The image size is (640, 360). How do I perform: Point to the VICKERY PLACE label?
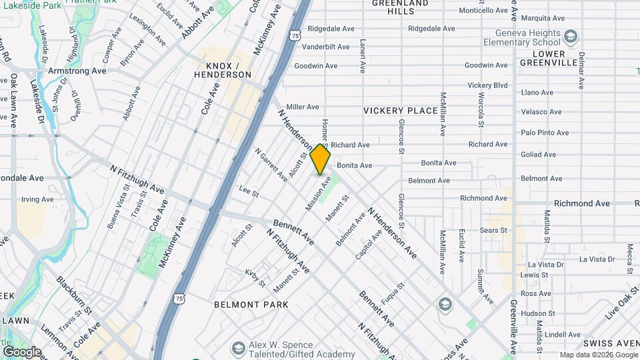point(400,111)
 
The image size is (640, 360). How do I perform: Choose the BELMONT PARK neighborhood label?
point(251,305)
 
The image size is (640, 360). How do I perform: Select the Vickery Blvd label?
point(487,85)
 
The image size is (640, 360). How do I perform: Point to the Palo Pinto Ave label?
point(545,133)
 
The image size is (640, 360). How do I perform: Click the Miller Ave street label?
point(303,107)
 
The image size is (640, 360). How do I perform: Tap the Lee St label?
point(249,191)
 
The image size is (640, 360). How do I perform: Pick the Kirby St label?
point(255,278)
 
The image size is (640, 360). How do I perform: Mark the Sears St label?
point(494,230)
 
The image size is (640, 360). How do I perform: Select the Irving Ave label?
point(37,199)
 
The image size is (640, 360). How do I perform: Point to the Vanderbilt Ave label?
point(325,47)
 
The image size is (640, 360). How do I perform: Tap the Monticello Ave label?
point(484,11)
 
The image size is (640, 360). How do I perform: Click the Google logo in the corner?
point(21,352)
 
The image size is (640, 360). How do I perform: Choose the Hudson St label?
point(538,313)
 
